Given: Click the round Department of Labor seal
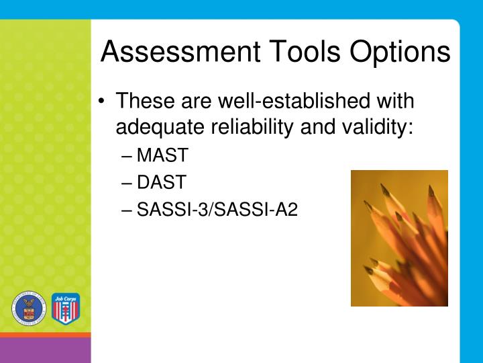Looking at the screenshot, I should point(28,309).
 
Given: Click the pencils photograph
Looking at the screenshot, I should point(399,238).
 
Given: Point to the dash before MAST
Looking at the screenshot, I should point(128,157).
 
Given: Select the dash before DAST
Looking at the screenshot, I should point(128,184).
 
